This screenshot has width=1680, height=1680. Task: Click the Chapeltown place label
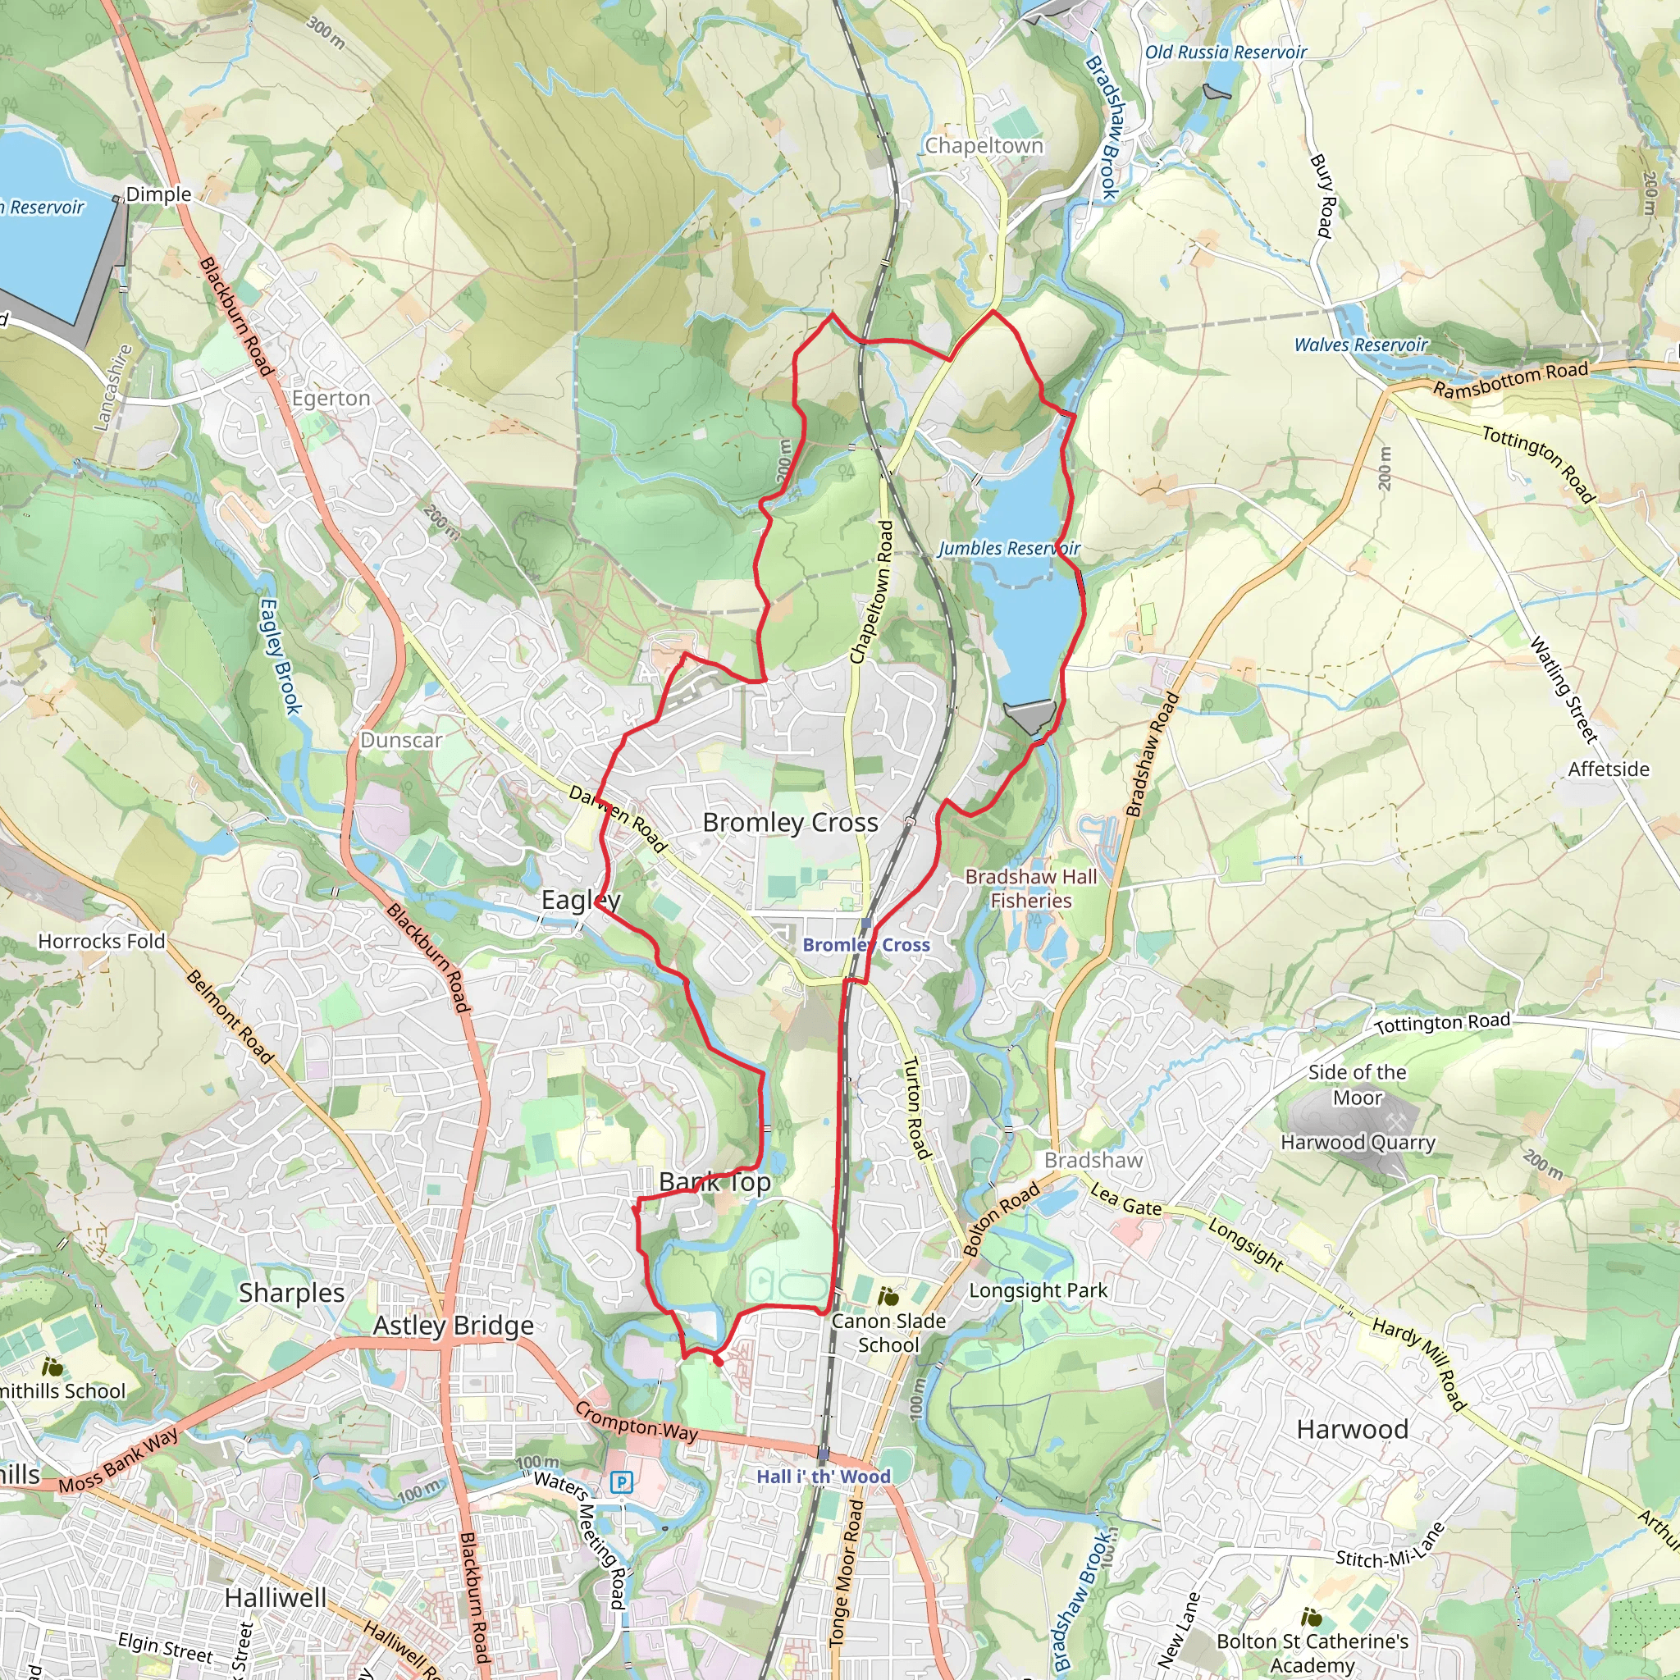click(x=984, y=145)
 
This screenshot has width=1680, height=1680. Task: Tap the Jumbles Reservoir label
click(x=1008, y=549)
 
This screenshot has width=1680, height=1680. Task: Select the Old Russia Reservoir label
click(x=1226, y=52)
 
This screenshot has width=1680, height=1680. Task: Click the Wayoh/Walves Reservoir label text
click(x=1360, y=345)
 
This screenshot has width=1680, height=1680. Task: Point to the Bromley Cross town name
click(x=790, y=823)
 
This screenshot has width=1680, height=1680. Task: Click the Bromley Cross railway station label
click(x=865, y=945)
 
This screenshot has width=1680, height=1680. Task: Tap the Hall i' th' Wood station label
click(x=823, y=1477)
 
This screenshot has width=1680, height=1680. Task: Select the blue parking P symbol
click(x=621, y=1481)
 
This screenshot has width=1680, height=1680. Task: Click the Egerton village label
click(x=331, y=398)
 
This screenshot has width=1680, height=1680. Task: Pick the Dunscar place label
click(x=401, y=740)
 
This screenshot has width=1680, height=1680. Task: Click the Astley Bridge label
click(x=453, y=1326)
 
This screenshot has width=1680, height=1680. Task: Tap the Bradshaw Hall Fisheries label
click(x=1030, y=888)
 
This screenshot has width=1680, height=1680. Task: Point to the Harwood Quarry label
click(x=1358, y=1143)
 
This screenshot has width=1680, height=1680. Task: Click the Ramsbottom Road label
click(x=1510, y=380)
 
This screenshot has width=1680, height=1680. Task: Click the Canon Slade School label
click(x=888, y=1333)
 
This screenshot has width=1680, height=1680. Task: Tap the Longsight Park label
click(x=1038, y=1290)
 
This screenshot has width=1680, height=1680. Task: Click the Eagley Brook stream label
click(x=280, y=656)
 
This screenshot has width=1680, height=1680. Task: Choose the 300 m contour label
click(x=326, y=32)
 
